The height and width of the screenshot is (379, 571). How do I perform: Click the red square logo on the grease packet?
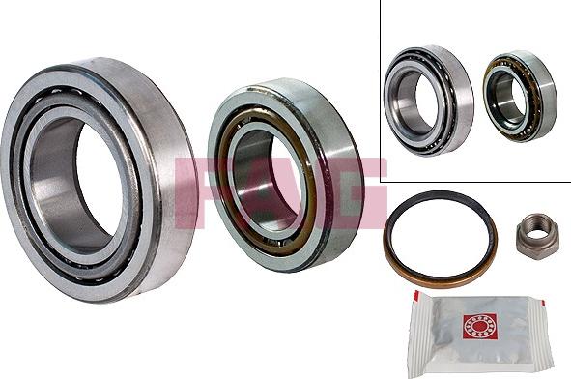(479, 328)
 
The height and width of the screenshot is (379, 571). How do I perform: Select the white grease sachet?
(480, 334)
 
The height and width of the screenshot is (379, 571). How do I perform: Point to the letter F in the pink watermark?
(190, 193)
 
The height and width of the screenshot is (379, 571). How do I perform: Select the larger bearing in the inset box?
(429, 101)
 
